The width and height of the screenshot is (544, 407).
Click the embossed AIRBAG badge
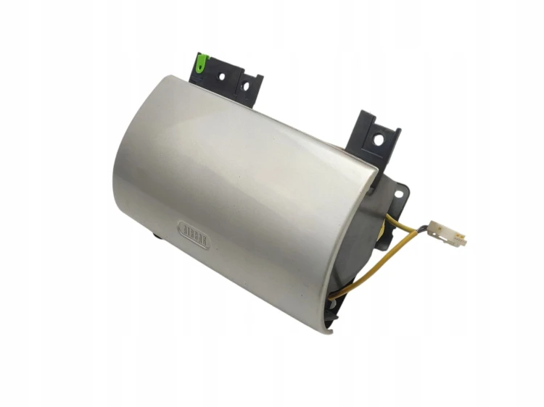[x=194, y=234]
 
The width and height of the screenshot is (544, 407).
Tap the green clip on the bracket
[x=201, y=64]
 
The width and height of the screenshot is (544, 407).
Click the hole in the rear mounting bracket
[x=379, y=140]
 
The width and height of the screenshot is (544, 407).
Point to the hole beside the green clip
[x=222, y=77]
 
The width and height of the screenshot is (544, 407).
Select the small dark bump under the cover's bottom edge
[x=157, y=236]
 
